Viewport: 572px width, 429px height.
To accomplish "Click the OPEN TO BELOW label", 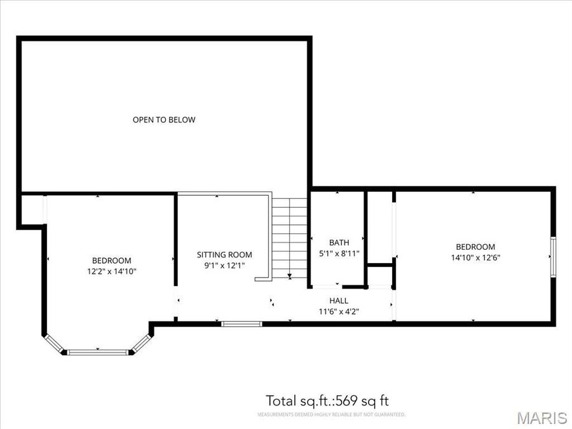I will (x=164, y=119).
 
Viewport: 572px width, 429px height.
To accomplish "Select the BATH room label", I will (x=339, y=242).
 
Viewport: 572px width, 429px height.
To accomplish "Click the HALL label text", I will (x=338, y=301).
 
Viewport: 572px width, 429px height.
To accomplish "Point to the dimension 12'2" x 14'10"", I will (x=111, y=271).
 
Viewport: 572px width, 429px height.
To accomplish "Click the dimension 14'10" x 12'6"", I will (x=475, y=258).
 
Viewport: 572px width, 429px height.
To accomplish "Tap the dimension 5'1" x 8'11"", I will (x=339, y=253).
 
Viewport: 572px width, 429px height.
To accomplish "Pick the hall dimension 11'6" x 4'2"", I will (x=338, y=311).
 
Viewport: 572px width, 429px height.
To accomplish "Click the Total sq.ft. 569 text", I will (x=327, y=400).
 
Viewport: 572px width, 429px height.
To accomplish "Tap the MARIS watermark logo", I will (x=541, y=418).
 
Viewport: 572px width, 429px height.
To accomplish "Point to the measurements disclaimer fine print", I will (x=331, y=414).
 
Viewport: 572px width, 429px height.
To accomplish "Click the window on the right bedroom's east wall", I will (x=553, y=257).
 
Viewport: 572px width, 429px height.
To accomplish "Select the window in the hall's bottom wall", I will (x=242, y=324).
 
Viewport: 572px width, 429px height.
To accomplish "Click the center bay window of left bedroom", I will (x=98, y=351).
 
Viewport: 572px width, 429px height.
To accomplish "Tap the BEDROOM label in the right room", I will (x=475, y=247).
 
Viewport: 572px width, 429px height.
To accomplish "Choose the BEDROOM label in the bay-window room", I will (x=111, y=261).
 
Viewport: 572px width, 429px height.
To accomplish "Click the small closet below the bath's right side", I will (x=380, y=276).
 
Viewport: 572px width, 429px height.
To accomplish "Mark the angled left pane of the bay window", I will (x=54, y=343).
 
